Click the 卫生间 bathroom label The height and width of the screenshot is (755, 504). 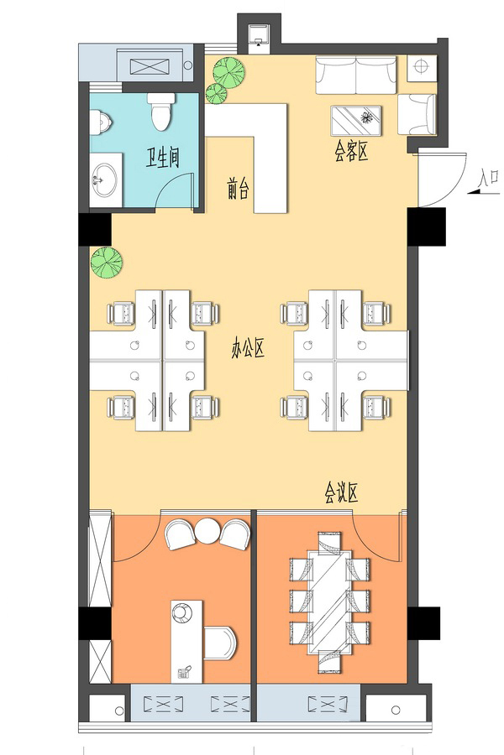click(x=163, y=158)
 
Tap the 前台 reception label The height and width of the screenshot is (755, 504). click(x=238, y=188)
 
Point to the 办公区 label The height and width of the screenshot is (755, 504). click(x=248, y=348)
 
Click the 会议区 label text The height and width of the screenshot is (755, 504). click(x=340, y=493)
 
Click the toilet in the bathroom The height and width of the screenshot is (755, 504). click(x=161, y=112)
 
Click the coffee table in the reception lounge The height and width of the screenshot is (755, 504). click(x=356, y=120)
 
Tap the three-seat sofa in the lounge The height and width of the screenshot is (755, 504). click(x=356, y=75)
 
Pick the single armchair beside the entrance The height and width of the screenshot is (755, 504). click(x=417, y=114)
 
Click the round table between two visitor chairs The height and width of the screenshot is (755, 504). click(x=207, y=530)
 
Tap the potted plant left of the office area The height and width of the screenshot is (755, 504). click(x=107, y=263)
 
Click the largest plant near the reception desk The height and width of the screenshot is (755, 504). click(x=228, y=72)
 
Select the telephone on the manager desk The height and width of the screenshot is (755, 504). click(x=184, y=672)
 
